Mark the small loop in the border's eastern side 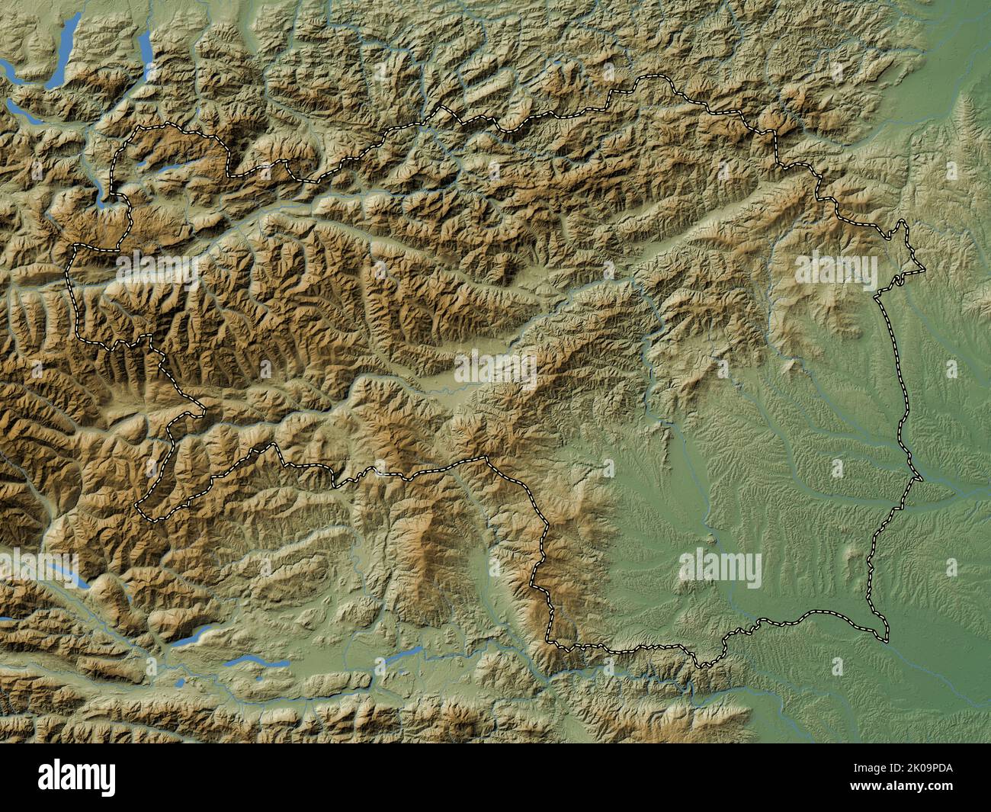[x=900, y=279]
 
